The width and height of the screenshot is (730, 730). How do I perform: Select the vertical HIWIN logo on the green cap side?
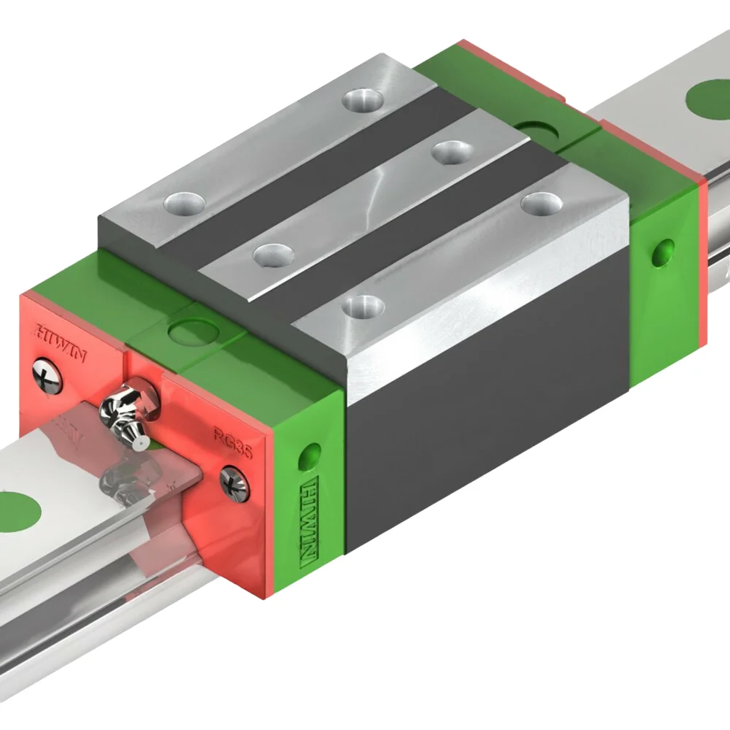click(310, 522)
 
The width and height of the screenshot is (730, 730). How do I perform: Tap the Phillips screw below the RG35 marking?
click(235, 483)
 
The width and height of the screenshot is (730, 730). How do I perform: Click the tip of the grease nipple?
click(144, 443)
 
